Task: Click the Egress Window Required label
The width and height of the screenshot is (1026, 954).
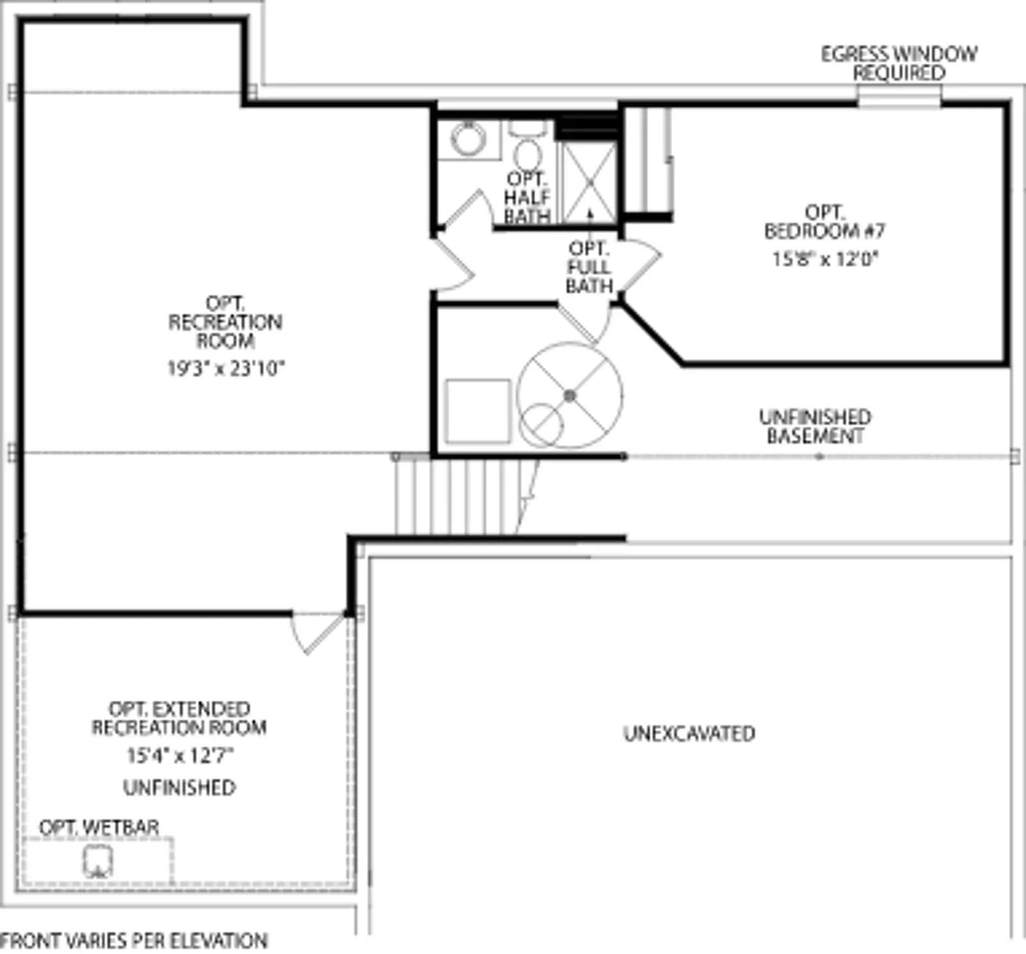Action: pyautogui.click(x=899, y=63)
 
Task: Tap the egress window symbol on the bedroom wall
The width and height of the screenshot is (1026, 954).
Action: pyautogui.click(x=900, y=98)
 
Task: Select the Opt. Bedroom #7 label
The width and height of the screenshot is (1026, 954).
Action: pyautogui.click(x=825, y=221)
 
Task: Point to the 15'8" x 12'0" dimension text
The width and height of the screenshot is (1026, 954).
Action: pyautogui.click(x=825, y=259)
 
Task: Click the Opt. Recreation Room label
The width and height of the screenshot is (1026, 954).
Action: pyautogui.click(x=225, y=321)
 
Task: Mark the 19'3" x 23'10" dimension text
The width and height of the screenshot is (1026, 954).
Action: pyautogui.click(x=226, y=368)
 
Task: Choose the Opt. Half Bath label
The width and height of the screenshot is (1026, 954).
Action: pyautogui.click(x=527, y=197)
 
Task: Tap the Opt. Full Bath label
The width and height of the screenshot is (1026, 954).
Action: pyautogui.click(x=589, y=267)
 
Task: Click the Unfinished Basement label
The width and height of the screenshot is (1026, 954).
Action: pyautogui.click(x=815, y=427)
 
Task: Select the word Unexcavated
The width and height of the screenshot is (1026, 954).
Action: pyautogui.click(x=689, y=733)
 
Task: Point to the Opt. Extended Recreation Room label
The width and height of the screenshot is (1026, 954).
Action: pyautogui.click(x=179, y=718)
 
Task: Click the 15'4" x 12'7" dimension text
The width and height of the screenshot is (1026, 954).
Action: pyautogui.click(x=180, y=755)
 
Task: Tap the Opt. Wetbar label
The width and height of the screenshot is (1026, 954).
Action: pyautogui.click(x=99, y=827)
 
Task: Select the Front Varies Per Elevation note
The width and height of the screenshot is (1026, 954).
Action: pyautogui.click(x=134, y=941)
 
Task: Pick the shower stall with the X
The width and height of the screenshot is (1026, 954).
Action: pyautogui.click(x=589, y=183)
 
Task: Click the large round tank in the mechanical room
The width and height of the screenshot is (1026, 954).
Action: pyautogui.click(x=570, y=395)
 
